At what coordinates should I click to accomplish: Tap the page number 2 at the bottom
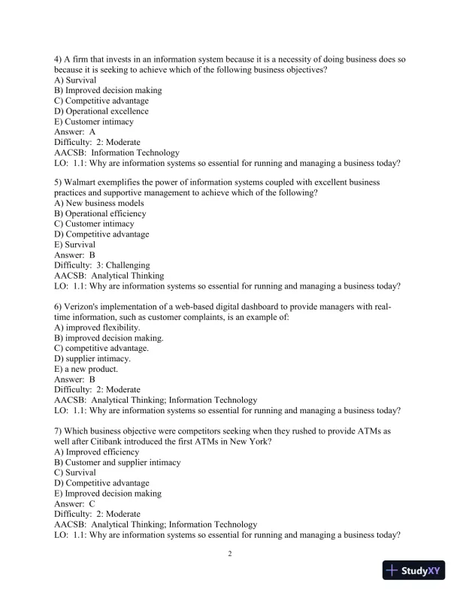point(230,554)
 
